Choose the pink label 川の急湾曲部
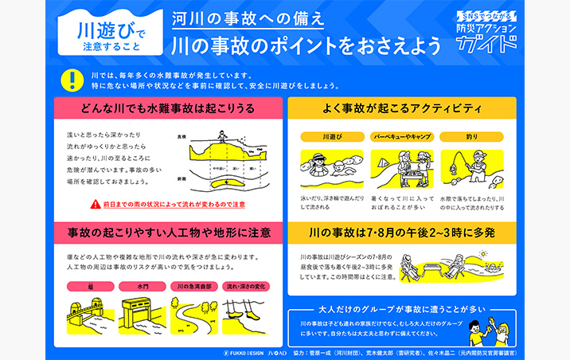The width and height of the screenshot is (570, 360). [191, 286]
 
